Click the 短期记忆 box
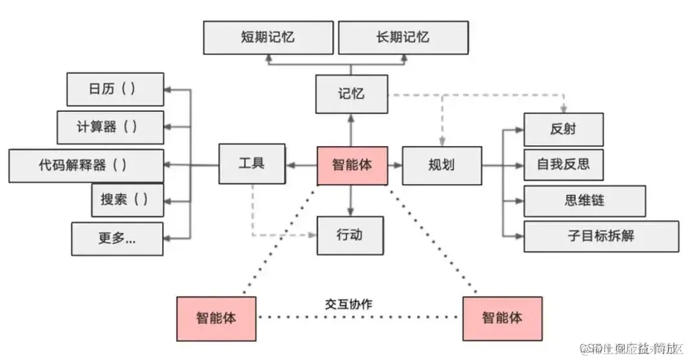tap(268, 38)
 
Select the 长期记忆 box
tap(402, 38)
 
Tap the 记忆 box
tap(351, 94)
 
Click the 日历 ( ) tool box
tap(115, 89)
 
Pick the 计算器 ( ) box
tap(110, 127)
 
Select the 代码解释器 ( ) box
tap(86, 165)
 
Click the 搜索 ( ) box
tap(127, 200)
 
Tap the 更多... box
tap(117, 238)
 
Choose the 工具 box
tap(251, 164)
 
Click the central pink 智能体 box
tap(352, 165)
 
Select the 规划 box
tap(442, 165)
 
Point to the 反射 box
tap(563, 129)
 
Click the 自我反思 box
tap(563, 164)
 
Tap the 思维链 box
tap(584, 201)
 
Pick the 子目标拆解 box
tap(602, 236)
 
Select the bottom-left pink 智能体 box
tap(216, 318)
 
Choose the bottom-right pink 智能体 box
tap(502, 318)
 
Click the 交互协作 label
tap(349, 303)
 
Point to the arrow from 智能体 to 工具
tap(301, 166)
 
